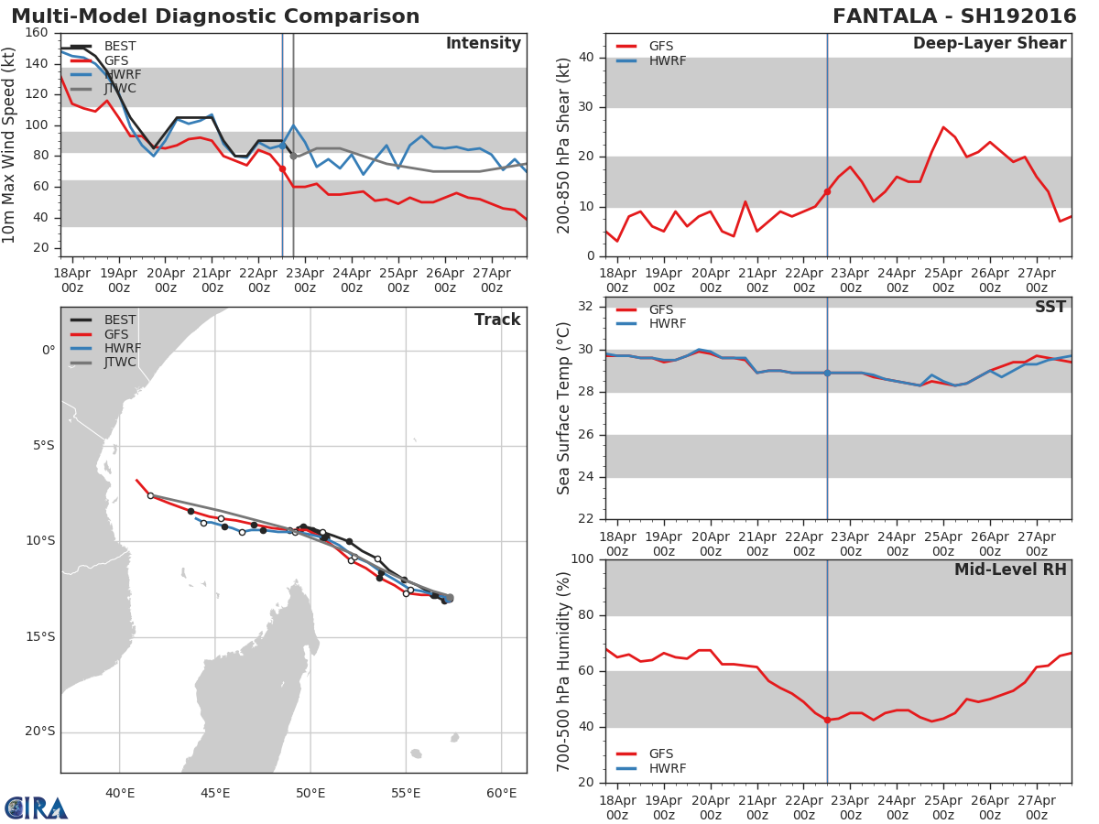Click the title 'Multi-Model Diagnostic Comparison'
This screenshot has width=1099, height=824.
tap(215, 16)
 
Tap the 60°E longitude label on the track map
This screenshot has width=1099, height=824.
tap(501, 793)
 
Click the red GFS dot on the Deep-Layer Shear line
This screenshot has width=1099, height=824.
tap(827, 191)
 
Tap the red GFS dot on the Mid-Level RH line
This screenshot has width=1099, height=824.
tap(827, 721)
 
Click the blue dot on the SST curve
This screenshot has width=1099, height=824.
tap(827, 373)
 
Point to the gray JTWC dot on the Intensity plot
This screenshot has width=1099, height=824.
tap(293, 157)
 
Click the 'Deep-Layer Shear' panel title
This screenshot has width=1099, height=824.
tap(989, 44)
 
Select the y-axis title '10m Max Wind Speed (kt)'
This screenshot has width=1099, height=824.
tap(10, 145)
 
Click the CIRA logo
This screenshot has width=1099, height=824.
tap(37, 808)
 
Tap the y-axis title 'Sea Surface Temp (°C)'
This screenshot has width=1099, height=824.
tap(564, 409)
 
